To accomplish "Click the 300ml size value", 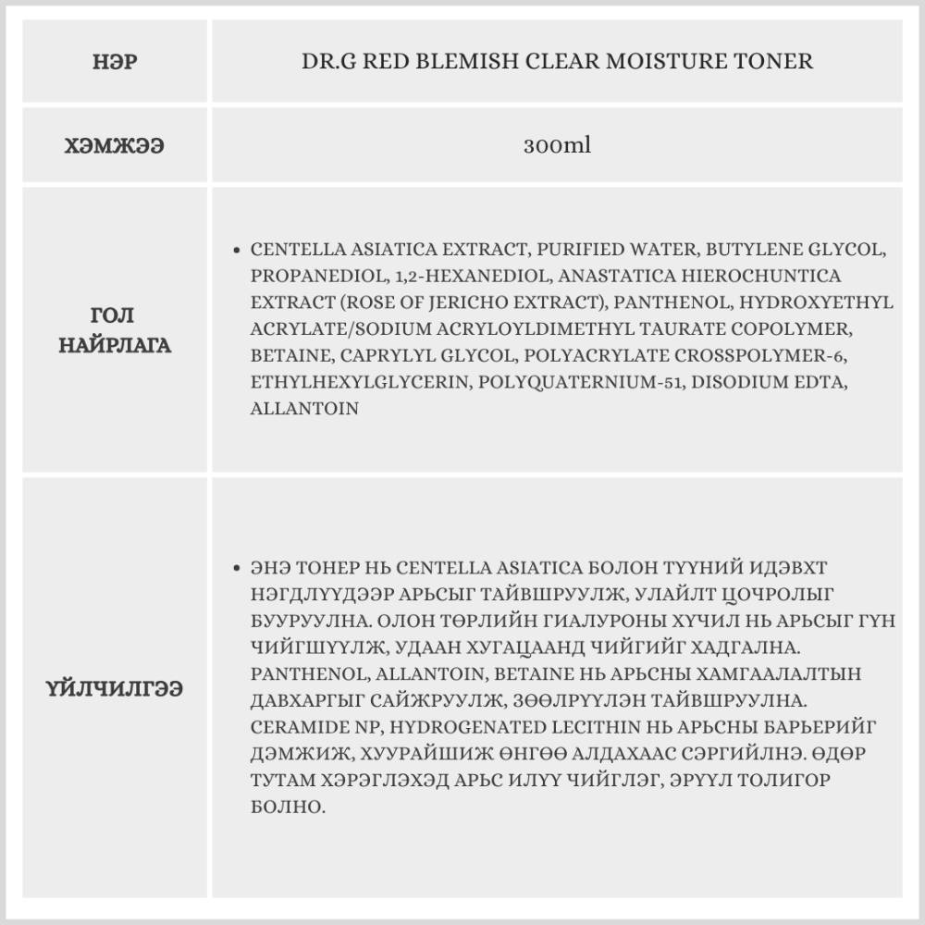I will coord(557,146).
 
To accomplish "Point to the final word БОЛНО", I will coord(288,807).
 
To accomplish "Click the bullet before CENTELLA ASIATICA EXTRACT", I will coord(238,250).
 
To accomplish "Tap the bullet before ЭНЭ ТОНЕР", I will coord(238,567).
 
